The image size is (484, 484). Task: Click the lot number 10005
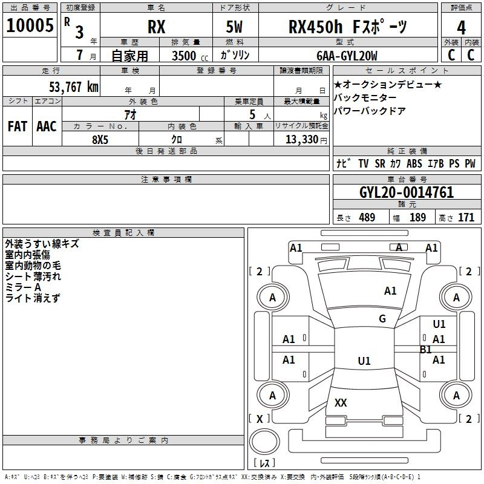[30, 25]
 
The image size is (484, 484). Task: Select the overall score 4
[461, 28]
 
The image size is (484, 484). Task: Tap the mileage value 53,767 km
[74, 87]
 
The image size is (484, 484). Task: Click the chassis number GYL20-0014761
[407, 192]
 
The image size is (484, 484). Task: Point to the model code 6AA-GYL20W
[347, 56]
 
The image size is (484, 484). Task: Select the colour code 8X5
[100, 140]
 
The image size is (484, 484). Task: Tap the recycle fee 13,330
[302, 140]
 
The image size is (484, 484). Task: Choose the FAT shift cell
[18, 126]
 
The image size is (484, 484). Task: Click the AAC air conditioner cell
[47, 126]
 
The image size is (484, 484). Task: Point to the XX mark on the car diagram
[341, 402]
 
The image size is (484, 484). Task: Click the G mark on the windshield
[382, 318]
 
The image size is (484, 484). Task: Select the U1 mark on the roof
[364, 361]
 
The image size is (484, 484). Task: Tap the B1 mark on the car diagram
[426, 350]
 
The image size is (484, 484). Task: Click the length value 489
[367, 217]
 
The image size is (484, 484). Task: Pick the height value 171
[466, 217]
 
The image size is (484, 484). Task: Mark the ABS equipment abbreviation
[414, 163]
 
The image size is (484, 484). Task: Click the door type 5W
[234, 27]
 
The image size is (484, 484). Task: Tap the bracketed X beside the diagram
[260, 419]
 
